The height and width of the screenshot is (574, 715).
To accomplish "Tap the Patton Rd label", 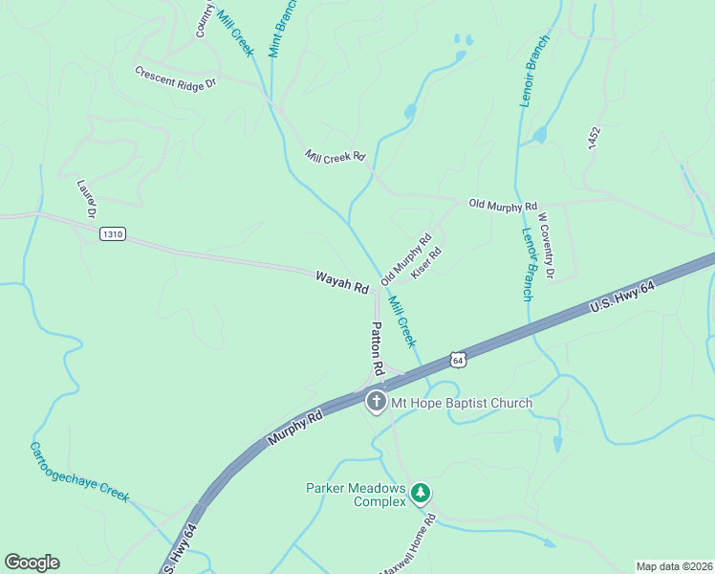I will [x=377, y=347].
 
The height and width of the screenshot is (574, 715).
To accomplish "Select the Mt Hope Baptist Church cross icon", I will [x=377, y=402].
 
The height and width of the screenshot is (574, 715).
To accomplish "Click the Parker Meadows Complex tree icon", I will [x=421, y=494].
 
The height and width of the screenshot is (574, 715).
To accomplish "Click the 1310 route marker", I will [x=113, y=234].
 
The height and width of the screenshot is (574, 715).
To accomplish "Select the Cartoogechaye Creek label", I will [x=79, y=472].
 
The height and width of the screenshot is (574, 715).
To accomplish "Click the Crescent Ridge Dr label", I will [x=176, y=77].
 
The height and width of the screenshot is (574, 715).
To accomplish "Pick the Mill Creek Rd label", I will [x=336, y=156].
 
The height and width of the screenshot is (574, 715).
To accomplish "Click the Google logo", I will [x=32, y=563].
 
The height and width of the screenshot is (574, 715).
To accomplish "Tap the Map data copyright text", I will [x=674, y=566].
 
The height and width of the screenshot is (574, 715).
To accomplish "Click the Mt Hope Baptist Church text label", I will [x=462, y=403].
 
